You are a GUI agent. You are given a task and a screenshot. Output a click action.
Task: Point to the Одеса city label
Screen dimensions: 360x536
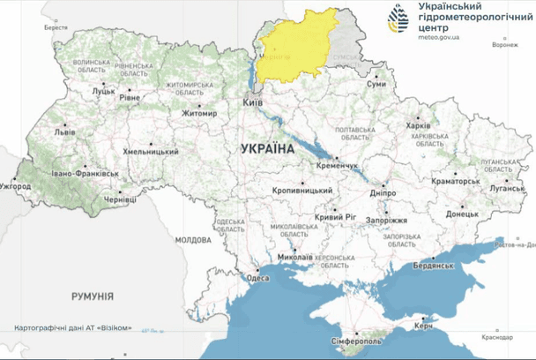(257, 277)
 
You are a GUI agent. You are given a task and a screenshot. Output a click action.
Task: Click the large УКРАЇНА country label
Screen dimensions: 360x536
(266, 150)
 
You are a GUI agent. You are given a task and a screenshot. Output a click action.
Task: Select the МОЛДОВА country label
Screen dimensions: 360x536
(193, 239)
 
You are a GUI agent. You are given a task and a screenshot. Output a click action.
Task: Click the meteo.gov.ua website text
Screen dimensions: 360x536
(431, 37)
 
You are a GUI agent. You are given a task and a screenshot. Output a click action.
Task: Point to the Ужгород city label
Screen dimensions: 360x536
(16, 186)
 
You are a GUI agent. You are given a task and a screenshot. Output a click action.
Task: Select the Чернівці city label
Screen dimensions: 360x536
(121, 200)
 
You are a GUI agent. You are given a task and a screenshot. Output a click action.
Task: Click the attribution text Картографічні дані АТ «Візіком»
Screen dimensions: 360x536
(74, 328)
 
